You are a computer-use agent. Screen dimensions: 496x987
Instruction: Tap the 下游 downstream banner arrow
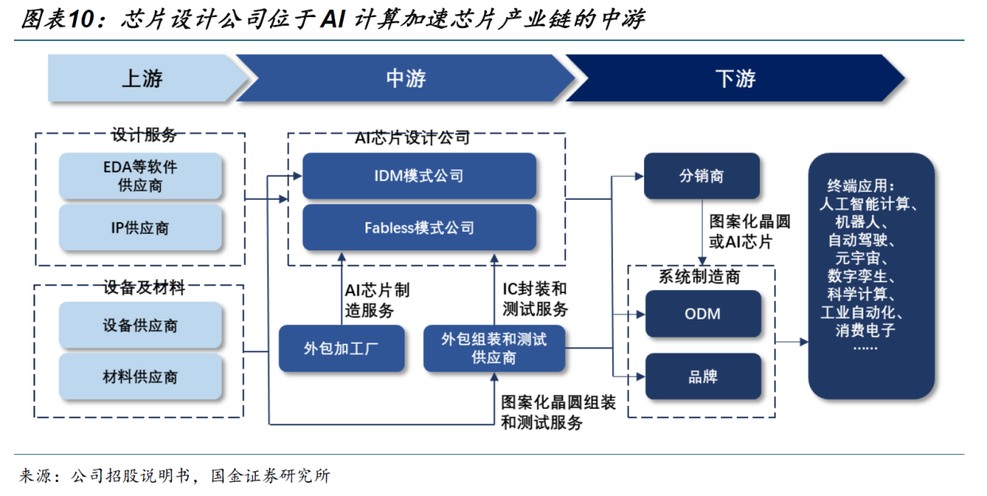(x=734, y=79)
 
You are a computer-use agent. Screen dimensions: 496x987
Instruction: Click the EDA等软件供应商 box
(x=141, y=176)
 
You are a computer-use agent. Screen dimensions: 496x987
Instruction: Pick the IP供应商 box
(x=141, y=228)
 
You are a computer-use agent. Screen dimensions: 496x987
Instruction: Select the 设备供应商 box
(x=141, y=326)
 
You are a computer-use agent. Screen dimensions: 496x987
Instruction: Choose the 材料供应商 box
(x=141, y=377)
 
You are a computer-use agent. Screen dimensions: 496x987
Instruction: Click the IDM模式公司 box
(x=419, y=176)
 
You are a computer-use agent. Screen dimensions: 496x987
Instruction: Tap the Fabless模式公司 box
(x=419, y=228)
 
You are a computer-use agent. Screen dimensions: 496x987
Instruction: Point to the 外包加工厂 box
(x=342, y=348)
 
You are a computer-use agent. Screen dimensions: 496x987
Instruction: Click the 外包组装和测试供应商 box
(x=494, y=348)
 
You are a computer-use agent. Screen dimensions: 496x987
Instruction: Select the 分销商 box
(x=702, y=176)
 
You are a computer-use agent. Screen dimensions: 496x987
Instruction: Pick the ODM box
(x=702, y=314)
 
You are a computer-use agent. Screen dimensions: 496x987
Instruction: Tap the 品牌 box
(x=702, y=377)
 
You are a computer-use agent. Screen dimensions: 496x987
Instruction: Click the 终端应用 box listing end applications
(x=870, y=276)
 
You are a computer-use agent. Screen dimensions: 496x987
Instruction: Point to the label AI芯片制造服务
(x=376, y=300)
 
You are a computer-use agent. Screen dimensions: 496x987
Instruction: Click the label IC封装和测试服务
(x=535, y=299)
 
